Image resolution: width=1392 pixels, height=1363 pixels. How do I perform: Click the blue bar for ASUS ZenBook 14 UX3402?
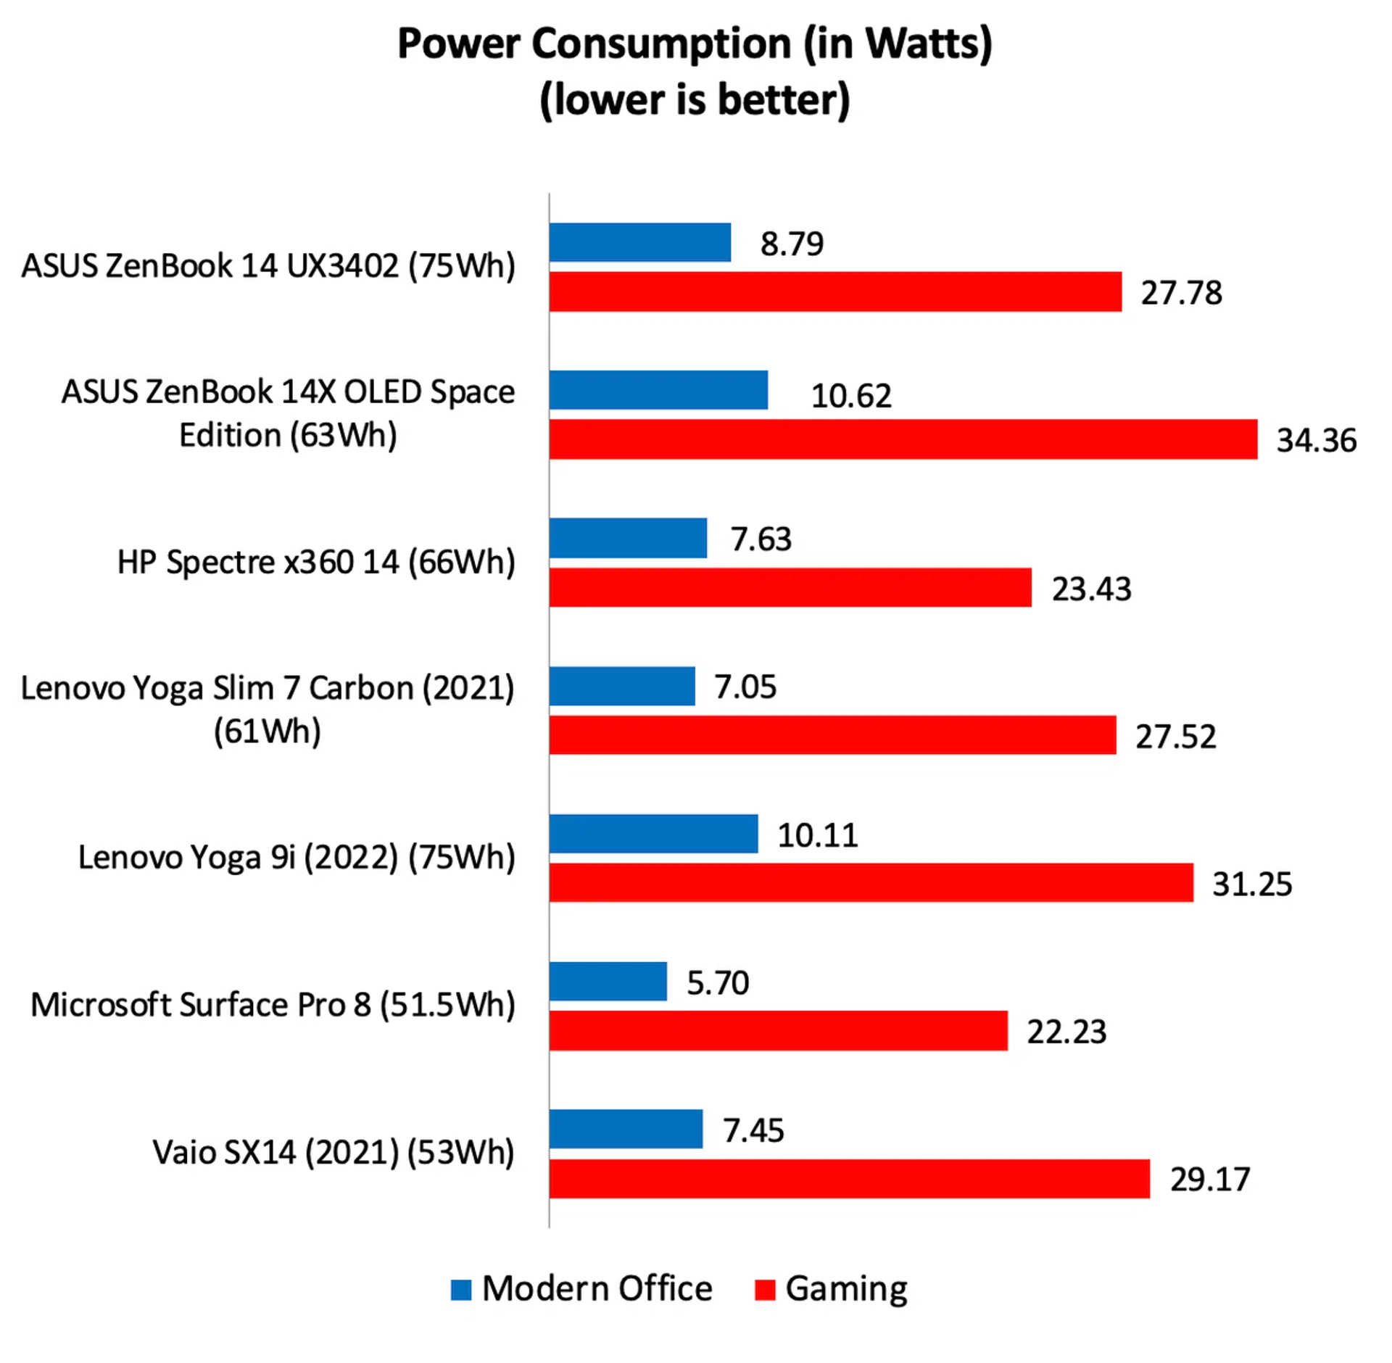click(639, 242)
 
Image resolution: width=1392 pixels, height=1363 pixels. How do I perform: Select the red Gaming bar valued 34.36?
click(903, 439)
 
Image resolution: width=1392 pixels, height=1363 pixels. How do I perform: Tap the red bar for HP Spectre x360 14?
click(790, 587)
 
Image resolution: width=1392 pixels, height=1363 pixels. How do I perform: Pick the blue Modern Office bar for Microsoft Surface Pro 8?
click(608, 982)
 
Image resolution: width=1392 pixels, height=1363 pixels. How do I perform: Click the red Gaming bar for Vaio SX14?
click(849, 1179)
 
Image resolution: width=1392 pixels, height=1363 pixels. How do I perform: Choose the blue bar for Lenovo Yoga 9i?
click(653, 834)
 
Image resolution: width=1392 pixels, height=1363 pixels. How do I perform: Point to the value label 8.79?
click(792, 244)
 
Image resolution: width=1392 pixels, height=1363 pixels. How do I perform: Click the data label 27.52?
click(1175, 737)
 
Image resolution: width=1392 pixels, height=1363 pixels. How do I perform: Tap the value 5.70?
click(717, 983)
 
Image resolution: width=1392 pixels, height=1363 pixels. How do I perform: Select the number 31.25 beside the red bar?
click(1252, 884)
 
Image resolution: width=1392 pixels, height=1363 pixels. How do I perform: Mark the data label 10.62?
click(850, 396)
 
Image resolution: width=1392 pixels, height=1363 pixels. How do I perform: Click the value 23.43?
click(1091, 589)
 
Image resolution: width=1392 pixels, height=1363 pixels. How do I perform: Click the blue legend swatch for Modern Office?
click(461, 1290)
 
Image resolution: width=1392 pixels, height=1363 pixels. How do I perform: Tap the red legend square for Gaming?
click(765, 1290)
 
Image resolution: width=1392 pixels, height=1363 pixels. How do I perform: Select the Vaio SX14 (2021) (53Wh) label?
click(333, 1153)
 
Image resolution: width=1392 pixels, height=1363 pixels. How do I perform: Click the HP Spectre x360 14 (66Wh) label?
click(316, 562)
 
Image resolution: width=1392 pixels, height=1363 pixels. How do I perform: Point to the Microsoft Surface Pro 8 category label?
click(273, 1005)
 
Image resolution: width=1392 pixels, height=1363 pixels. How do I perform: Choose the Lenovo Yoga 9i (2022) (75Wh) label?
click(297, 857)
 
